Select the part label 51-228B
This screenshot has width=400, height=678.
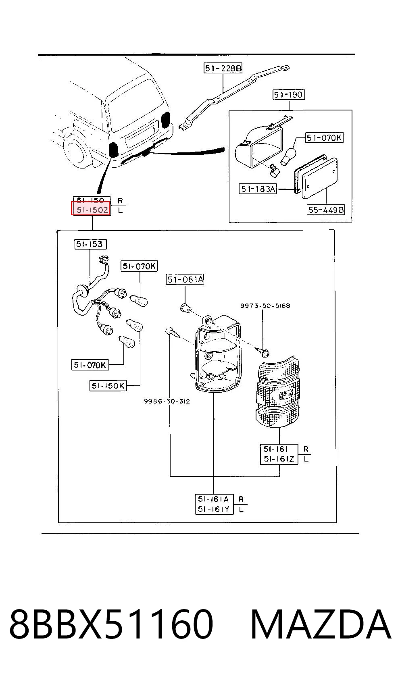pos(223,68)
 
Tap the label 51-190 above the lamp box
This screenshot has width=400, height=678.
pos(288,95)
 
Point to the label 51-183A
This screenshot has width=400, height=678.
pos(258,189)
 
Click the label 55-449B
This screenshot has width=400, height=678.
pos(326,210)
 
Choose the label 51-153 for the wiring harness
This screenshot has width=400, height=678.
pos(90,244)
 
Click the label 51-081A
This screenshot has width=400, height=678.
pos(185,279)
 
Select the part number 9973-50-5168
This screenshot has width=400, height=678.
pos(265,306)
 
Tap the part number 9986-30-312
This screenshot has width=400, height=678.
pos(167,401)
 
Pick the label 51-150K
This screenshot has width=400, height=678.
pos(108,386)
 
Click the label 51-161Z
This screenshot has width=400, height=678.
pos(279,459)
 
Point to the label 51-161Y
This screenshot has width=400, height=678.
pos(214,509)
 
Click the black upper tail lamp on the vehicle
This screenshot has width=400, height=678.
pos(166,120)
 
